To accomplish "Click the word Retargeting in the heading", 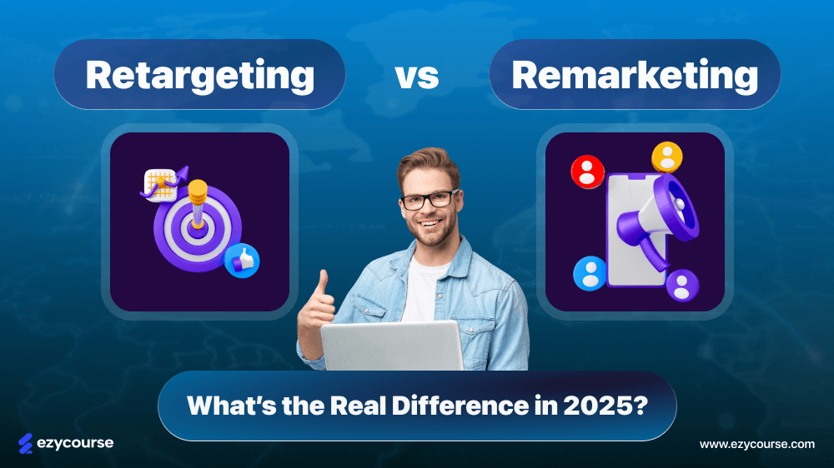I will tap(199, 76).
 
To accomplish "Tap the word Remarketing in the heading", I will tap(634, 76).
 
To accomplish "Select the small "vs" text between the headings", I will tap(416, 77).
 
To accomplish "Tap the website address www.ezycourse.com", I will tap(756, 444).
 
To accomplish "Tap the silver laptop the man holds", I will tap(392, 346).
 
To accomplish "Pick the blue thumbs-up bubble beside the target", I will tap(242, 261).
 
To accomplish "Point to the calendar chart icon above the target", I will tap(160, 184).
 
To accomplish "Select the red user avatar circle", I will tap(587, 172).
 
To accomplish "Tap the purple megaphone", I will tap(655, 223).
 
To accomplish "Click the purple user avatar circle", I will tap(682, 285).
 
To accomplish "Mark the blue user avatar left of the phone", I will tap(590, 273).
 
